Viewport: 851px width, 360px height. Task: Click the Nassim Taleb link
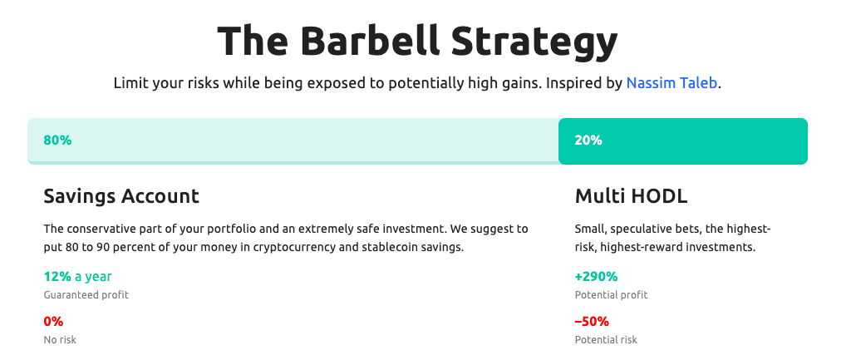pyautogui.click(x=671, y=84)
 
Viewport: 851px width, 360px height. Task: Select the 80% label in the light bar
pyautogui.click(x=57, y=140)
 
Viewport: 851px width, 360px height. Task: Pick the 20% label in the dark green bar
pyautogui.click(x=588, y=140)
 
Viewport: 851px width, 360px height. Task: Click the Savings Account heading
pyautogui.click(x=121, y=196)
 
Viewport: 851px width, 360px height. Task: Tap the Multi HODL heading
pyautogui.click(x=631, y=196)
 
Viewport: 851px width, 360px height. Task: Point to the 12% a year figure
pyautogui.click(x=77, y=277)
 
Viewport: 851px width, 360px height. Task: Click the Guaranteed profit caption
pyautogui.click(x=86, y=295)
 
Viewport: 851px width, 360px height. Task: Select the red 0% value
pyautogui.click(x=53, y=322)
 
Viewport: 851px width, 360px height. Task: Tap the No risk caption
pyautogui.click(x=60, y=340)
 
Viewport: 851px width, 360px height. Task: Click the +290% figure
pyautogui.click(x=596, y=277)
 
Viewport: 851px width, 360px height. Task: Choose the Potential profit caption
pyautogui.click(x=611, y=295)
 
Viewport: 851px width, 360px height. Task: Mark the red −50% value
pyautogui.click(x=592, y=322)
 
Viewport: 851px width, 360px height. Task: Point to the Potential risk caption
pyautogui.click(x=606, y=340)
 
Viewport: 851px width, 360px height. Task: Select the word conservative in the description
pyautogui.click(x=97, y=229)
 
